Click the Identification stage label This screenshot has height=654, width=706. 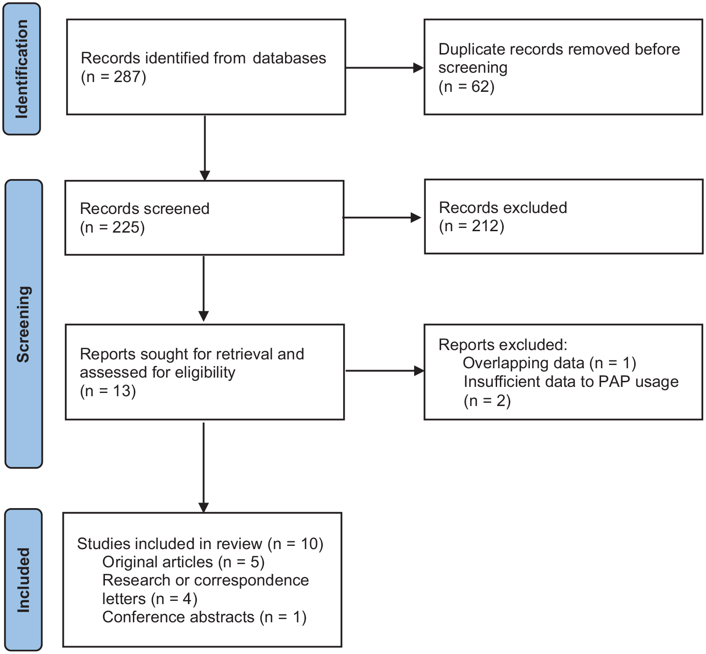[x=22, y=69]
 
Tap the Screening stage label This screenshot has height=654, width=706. [x=23, y=324]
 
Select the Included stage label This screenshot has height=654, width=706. [x=23, y=580]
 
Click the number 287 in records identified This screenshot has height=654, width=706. [x=127, y=77]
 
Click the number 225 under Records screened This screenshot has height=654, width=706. [x=126, y=227]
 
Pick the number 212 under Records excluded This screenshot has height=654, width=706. [x=485, y=226]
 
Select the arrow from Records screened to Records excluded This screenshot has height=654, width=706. [x=382, y=218]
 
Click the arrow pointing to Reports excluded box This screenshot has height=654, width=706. [x=385, y=371]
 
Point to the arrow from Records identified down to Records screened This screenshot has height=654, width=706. [x=205, y=148]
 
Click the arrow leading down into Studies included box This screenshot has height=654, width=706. [x=203, y=468]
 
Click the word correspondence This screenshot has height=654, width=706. [x=252, y=580]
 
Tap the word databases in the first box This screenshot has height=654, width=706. [x=290, y=58]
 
